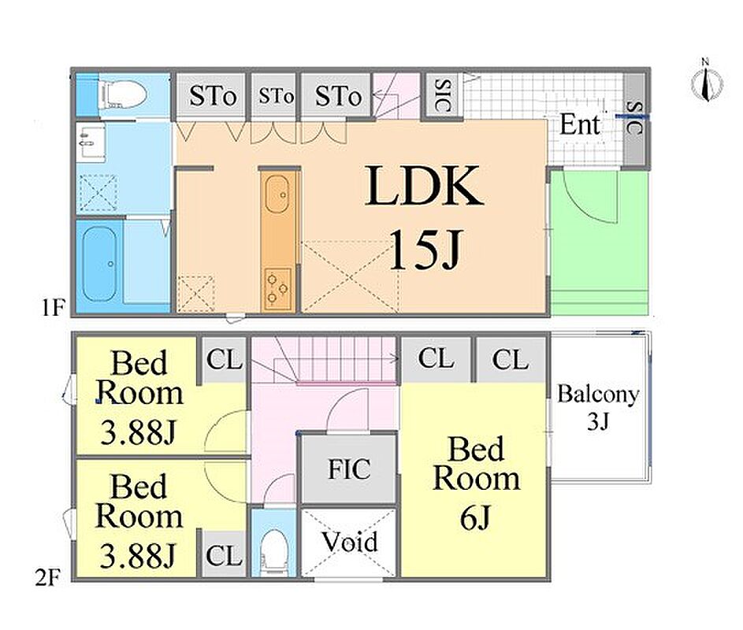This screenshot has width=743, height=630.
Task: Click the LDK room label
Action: pos(425,186)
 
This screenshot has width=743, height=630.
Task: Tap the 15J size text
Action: pos(425,250)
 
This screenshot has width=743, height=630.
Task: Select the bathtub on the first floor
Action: pos(99,264)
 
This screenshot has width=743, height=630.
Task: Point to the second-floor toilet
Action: pos(274,551)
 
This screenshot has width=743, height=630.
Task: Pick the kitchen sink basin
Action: pos(277,195)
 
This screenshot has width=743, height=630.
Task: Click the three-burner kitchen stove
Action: pos(277,288)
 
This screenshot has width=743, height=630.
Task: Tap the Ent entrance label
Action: pos(580,124)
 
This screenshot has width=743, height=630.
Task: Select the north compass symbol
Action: pos(706,81)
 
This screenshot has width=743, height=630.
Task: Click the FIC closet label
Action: pos(349,469)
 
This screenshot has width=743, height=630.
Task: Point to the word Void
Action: pos(350,542)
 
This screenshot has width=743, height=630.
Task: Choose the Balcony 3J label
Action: pos(597,406)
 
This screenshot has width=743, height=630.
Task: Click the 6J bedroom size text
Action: pos(475,517)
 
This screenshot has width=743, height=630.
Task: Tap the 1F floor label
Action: pos(52,309)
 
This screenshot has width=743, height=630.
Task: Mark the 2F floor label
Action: pos(47,578)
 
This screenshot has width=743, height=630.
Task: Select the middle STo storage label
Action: pos(276,97)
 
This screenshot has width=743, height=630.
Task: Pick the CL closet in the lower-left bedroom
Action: pos(224,554)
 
